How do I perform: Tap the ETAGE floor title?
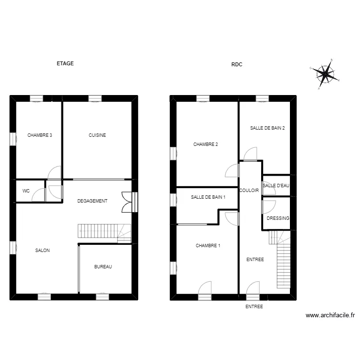[x=65, y=63]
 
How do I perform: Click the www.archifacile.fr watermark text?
[x=330, y=315]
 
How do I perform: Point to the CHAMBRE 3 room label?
[x=40, y=135]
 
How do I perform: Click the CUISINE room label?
[x=97, y=135]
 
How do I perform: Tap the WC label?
[x=26, y=191]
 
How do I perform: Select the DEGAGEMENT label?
[x=92, y=201]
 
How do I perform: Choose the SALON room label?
[x=42, y=251]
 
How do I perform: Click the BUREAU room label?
[x=103, y=267]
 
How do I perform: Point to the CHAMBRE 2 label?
[x=206, y=144]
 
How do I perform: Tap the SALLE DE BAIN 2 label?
[x=267, y=128]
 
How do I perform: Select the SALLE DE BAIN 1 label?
[x=208, y=197]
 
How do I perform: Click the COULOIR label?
[x=249, y=191]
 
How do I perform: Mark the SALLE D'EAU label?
[x=276, y=185]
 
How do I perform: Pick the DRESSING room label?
[x=278, y=218]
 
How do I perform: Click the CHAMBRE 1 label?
[x=208, y=246]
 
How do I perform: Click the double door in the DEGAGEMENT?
[x=128, y=202]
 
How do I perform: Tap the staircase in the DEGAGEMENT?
[x=104, y=231]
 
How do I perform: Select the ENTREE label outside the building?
[x=254, y=306]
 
